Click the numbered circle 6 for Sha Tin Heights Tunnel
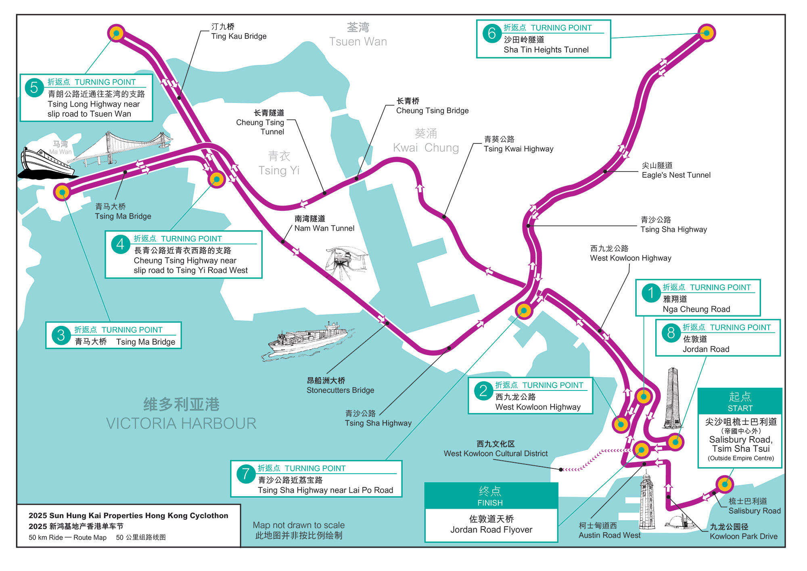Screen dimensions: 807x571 492,34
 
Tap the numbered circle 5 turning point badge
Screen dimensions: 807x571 34,88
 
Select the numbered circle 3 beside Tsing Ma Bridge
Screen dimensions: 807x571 61,335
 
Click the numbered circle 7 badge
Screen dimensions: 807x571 245,474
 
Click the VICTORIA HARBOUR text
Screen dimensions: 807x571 181,424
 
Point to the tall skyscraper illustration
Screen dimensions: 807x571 672,398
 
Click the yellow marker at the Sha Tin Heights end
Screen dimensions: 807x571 707,33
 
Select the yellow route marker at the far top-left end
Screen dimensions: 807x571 116,33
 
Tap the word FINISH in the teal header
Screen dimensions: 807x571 490,503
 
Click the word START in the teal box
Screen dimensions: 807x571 740,408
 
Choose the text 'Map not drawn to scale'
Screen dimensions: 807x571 299,525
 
